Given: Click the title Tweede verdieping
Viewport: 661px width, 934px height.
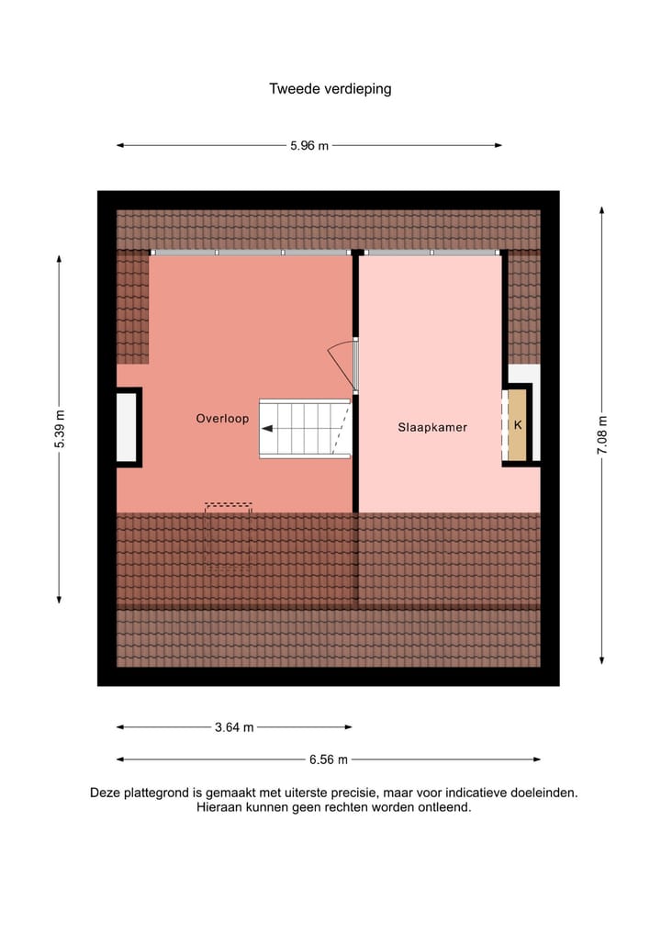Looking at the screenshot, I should (x=330, y=89).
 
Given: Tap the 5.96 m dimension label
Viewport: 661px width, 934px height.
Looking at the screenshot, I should (x=308, y=146).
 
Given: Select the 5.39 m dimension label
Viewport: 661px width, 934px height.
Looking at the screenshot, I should (x=60, y=429).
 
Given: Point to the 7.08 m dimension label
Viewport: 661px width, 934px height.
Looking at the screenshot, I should (x=602, y=434).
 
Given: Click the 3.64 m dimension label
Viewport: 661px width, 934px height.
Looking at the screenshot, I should (x=233, y=727).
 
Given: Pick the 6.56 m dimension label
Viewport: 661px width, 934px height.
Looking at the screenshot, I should (x=329, y=760).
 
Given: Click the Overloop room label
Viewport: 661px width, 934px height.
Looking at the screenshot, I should (x=222, y=419).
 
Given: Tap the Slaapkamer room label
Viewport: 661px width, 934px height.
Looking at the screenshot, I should (x=432, y=427).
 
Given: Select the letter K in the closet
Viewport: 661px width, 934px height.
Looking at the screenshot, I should (x=518, y=425).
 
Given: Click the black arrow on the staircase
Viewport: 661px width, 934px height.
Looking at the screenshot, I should (x=268, y=428).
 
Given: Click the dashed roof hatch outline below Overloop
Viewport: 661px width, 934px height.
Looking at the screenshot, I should (x=228, y=506).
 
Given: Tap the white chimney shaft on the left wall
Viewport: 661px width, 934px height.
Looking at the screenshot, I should (x=127, y=427).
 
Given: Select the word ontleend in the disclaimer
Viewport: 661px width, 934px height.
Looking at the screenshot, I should (x=445, y=808).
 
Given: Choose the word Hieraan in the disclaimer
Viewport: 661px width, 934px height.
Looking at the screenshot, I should (x=218, y=808).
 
